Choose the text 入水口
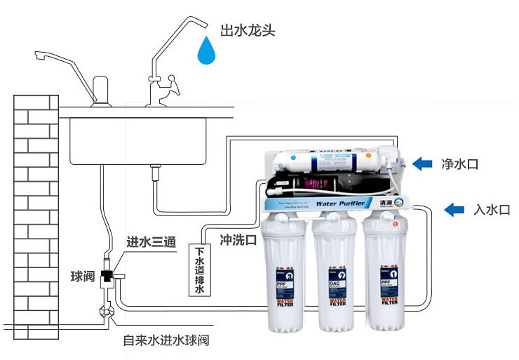(492, 209)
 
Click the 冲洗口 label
(238, 239)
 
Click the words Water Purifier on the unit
(339, 204)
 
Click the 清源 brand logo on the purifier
(390, 203)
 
